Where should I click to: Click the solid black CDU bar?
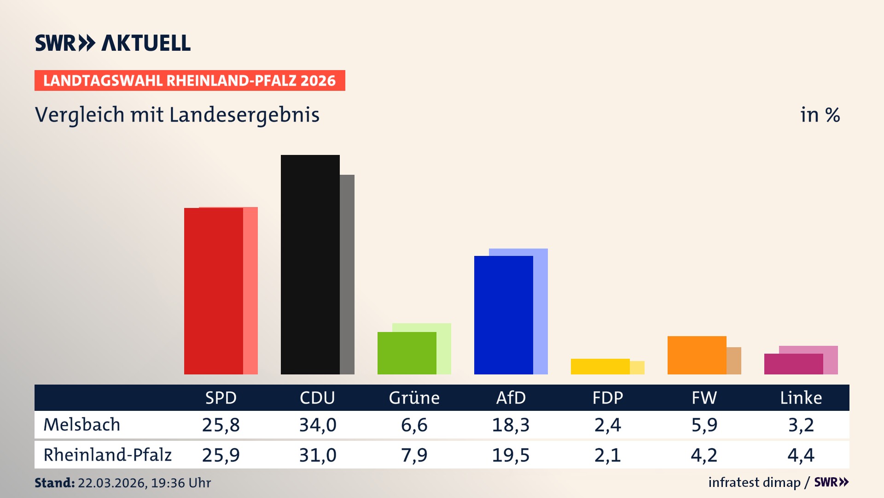coord(310,264)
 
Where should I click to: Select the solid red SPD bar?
coord(213,290)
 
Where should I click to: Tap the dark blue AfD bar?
coord(503,315)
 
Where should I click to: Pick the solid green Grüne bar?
coord(407,353)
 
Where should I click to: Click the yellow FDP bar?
coord(600,366)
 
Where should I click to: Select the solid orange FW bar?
coord(697,355)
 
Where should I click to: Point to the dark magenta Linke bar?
coord(793,364)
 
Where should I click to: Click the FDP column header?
coord(607,397)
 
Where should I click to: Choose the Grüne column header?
coord(414,397)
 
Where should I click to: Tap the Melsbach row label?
coord(82,425)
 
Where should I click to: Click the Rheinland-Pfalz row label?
coord(107,455)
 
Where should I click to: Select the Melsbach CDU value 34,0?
coord(318,425)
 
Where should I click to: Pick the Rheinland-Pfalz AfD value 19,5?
coord(511,455)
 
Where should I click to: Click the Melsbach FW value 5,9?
coord(704,425)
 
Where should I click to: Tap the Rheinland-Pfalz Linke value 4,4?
coord(801,455)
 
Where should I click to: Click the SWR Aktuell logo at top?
coord(113,43)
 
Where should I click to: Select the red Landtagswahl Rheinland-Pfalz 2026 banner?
coord(190,81)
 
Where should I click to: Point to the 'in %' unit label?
coord(820,115)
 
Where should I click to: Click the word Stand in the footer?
coord(54,483)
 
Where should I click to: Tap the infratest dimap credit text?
coord(754,482)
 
